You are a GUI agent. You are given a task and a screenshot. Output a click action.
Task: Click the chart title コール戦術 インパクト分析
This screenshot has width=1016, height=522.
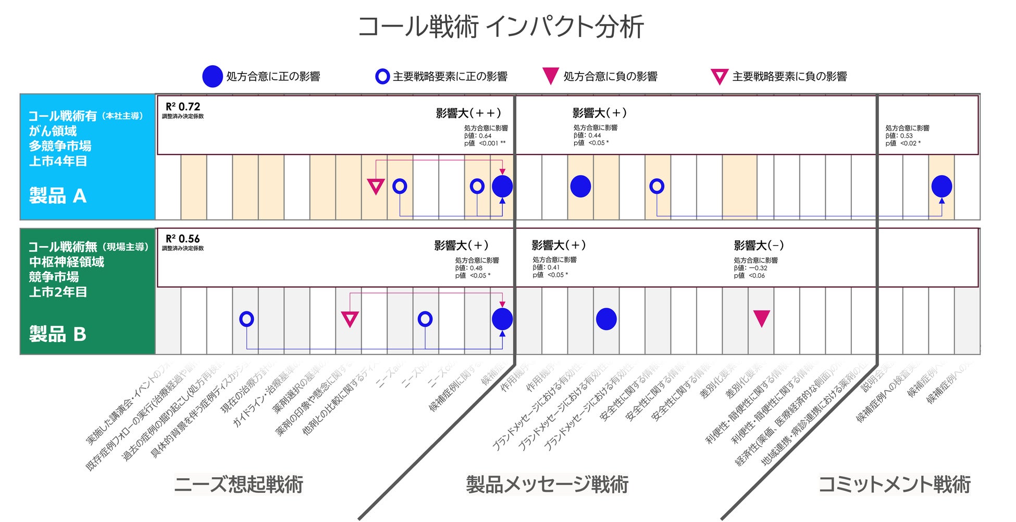[501, 27]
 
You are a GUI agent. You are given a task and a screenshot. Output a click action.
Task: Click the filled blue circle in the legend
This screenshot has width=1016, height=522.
[212, 77]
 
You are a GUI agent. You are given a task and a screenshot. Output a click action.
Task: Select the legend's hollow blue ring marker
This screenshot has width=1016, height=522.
[382, 77]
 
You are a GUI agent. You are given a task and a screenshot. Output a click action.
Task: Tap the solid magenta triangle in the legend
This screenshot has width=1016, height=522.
[551, 76]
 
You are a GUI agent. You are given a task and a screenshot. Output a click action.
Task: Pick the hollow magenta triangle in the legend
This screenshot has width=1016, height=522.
[720, 77]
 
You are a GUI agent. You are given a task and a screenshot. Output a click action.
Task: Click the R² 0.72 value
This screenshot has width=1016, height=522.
[183, 107]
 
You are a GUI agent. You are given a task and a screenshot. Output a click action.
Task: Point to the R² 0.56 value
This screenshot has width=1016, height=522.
[183, 239]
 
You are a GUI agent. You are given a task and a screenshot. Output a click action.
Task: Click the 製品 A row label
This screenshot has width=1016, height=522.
[57, 196]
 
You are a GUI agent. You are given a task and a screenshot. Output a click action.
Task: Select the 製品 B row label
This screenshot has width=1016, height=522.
[57, 334]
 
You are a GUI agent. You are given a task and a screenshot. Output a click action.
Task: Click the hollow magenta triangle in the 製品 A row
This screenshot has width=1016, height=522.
[376, 186]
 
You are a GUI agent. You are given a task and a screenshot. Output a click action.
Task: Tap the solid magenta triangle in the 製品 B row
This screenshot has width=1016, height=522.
[762, 318]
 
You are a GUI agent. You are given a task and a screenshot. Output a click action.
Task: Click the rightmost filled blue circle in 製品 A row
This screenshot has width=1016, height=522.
[941, 186]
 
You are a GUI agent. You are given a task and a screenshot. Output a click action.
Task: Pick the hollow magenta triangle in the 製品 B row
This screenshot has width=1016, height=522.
[350, 318]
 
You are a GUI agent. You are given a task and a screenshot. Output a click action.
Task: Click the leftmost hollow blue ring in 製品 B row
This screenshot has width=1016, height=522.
[246, 319]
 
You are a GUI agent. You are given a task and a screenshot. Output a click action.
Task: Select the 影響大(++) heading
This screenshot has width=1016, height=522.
[468, 113]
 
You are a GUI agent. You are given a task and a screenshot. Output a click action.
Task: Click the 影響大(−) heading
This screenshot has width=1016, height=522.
[759, 245]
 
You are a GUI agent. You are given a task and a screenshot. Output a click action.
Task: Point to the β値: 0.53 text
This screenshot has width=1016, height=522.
[899, 136]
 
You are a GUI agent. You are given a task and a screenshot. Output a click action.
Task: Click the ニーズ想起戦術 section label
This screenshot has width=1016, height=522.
[239, 484]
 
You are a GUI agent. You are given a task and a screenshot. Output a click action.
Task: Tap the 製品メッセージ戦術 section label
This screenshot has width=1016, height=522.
[547, 484]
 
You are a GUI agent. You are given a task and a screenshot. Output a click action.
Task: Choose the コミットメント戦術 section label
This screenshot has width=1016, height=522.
[895, 484]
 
